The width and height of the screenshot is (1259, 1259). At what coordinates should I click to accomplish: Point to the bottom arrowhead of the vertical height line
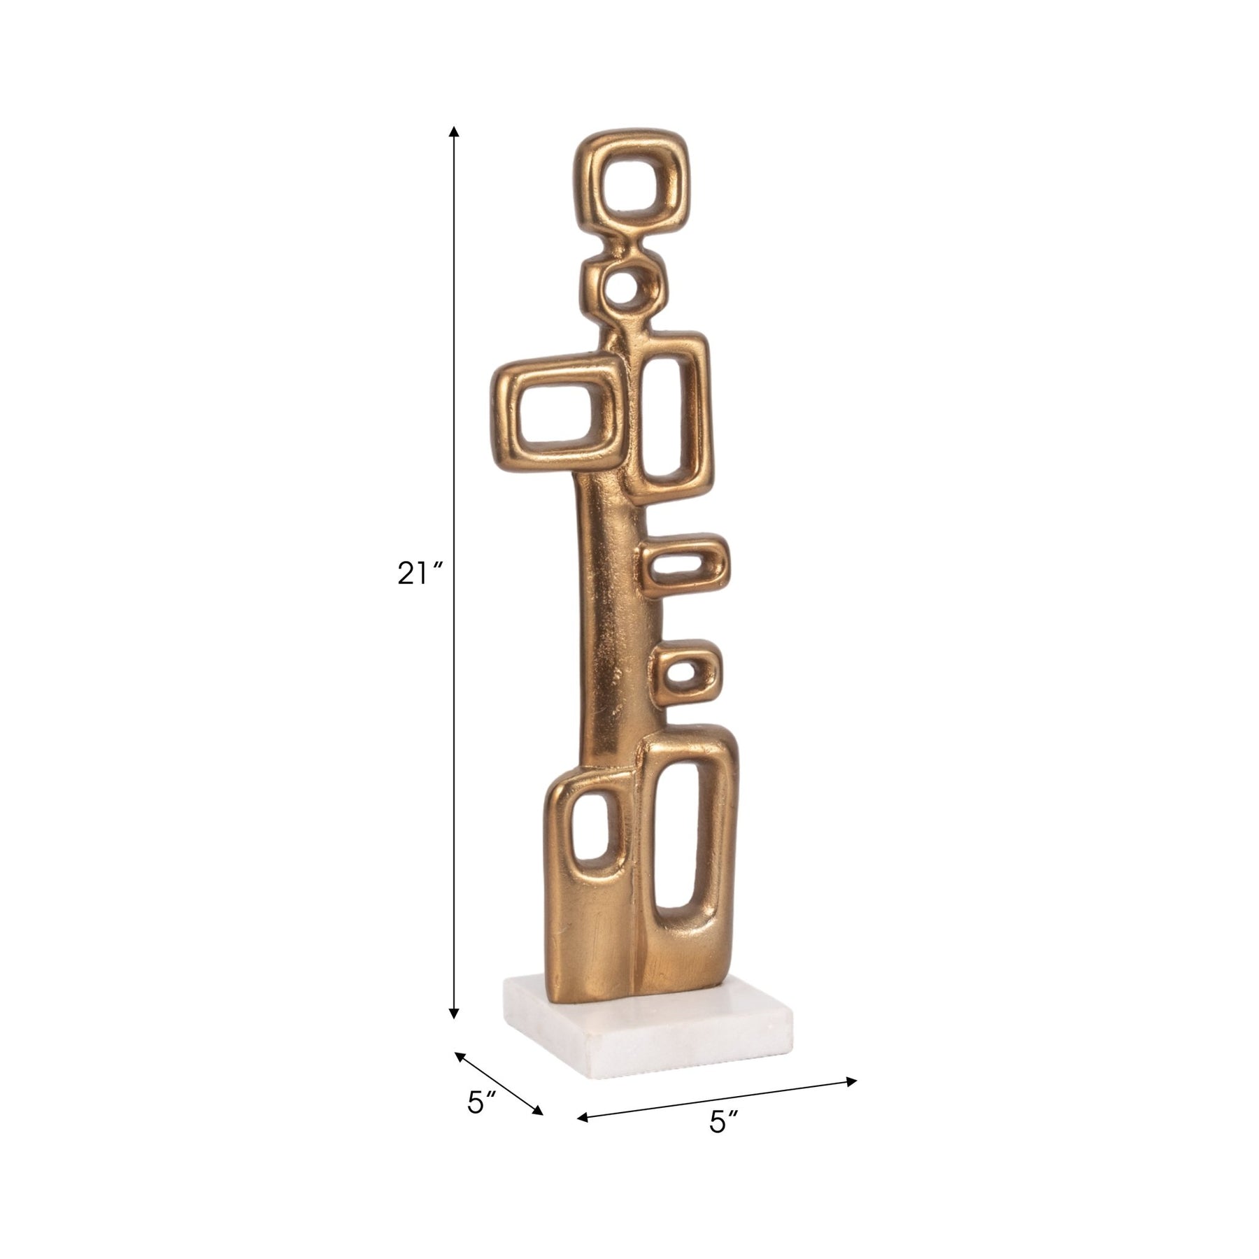454,1012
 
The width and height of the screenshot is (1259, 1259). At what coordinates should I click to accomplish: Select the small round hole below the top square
623,286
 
